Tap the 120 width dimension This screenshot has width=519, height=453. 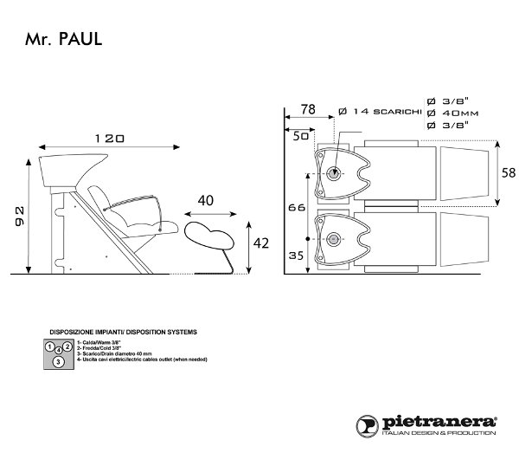109,138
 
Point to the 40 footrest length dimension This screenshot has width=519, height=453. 207,199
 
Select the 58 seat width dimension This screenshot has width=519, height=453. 509,173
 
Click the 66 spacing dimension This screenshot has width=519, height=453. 296,210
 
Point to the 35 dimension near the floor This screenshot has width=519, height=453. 297,256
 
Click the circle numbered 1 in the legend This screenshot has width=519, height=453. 51,347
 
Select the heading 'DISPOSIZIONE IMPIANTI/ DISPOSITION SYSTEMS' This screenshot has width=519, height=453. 123,332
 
